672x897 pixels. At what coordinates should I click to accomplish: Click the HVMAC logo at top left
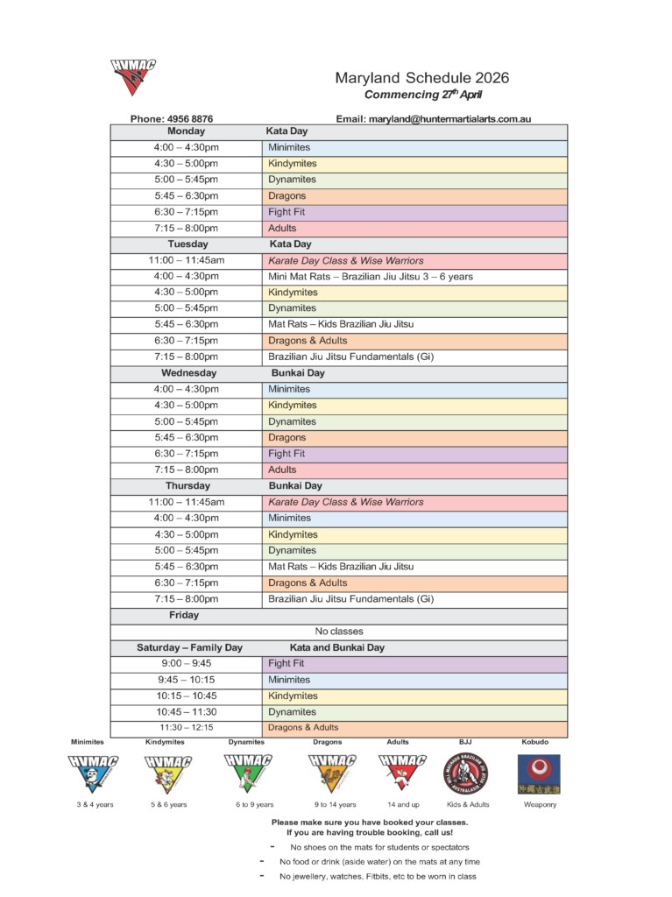(133, 77)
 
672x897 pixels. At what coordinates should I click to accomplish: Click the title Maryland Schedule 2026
(421, 78)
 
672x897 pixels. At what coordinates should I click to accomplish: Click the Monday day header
(186, 131)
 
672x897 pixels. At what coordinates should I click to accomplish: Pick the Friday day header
(184, 615)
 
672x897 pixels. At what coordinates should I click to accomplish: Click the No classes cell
(338, 631)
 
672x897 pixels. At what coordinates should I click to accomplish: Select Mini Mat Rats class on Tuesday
(370, 276)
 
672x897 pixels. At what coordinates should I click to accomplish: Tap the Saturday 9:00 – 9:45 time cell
(186, 663)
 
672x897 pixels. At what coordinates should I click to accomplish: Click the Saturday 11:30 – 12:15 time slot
(186, 727)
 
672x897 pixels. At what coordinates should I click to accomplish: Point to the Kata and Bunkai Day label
(336, 647)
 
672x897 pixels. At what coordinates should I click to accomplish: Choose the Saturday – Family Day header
(189, 647)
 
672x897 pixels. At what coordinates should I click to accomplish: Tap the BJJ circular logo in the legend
(465, 773)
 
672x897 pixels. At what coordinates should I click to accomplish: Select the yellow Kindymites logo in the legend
(168, 773)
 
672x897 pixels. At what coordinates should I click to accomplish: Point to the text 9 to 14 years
(335, 804)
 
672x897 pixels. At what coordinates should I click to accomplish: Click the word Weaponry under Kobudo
(540, 804)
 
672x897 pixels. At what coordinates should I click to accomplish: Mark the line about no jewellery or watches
(378, 876)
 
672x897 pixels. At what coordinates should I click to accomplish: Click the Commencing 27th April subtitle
(422, 95)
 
